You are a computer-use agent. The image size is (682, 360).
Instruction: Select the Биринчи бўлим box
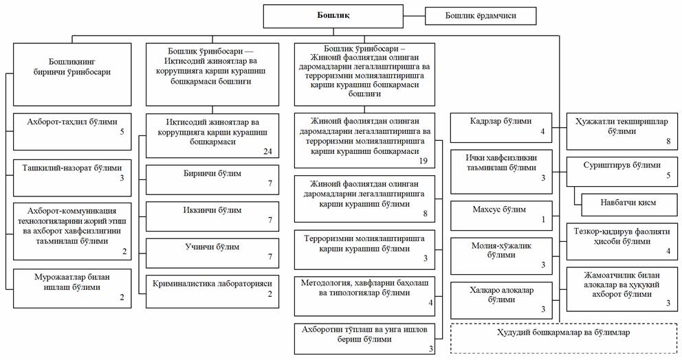[x=213, y=179]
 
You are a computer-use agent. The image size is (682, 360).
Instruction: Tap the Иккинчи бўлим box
[x=213, y=216]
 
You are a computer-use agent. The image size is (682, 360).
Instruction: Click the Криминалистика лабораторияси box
[x=213, y=289]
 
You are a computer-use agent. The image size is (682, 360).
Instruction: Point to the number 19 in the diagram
[x=423, y=160]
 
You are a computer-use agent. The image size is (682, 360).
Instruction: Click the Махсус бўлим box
[x=501, y=215]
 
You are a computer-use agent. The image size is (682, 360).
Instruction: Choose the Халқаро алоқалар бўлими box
[x=501, y=300]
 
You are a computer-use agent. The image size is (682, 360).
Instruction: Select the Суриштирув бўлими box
[x=619, y=170]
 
